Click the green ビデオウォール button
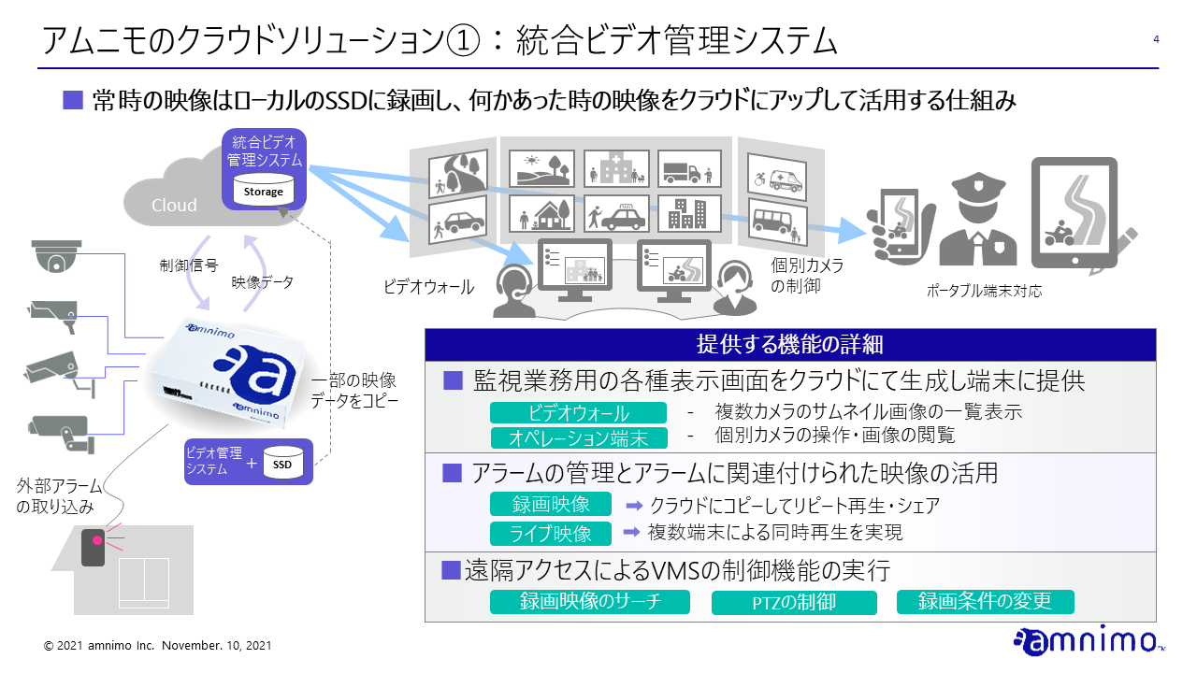pos(578,413)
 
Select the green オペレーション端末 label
pos(578,437)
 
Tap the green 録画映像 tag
pos(551,505)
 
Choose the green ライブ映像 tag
pos(551,534)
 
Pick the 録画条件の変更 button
pos(985,602)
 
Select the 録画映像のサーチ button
pos(590,602)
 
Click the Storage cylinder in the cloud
pos(263,191)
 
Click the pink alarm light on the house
pos(94,540)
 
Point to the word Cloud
pos(174,206)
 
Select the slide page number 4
pos(1157,39)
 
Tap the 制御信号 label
pos(189,265)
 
